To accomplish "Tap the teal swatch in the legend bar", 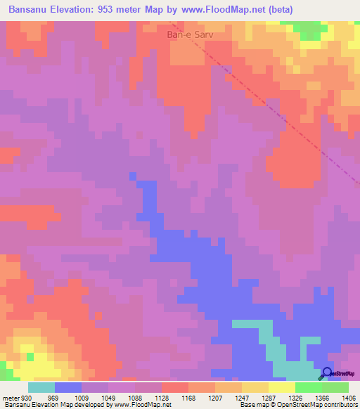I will (x=41, y=387).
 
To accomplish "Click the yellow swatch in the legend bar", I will (x=281, y=387).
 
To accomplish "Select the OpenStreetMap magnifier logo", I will (x=328, y=373).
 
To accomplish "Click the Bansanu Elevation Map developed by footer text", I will (x=56, y=405).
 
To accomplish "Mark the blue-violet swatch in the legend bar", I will (x=68, y=387).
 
